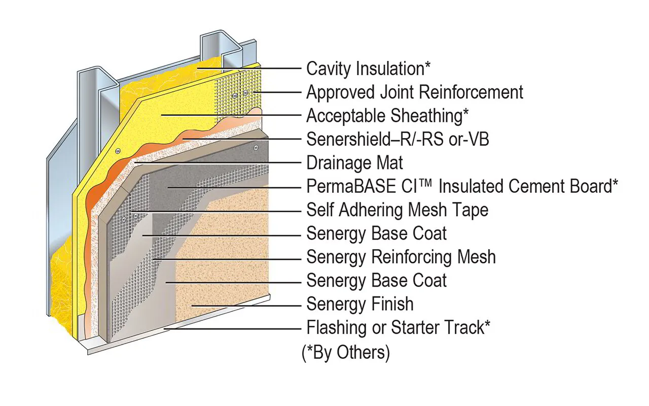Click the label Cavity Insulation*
click(369, 69)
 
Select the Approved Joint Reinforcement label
click(414, 92)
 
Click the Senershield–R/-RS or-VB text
click(398, 139)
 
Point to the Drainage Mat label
click(355, 163)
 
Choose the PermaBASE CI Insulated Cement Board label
click(462, 186)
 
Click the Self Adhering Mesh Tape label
click(398, 210)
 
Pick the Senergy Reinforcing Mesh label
click(401, 257)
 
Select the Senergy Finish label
click(360, 304)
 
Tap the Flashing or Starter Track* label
click(399, 327)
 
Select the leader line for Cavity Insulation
click(254, 67)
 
